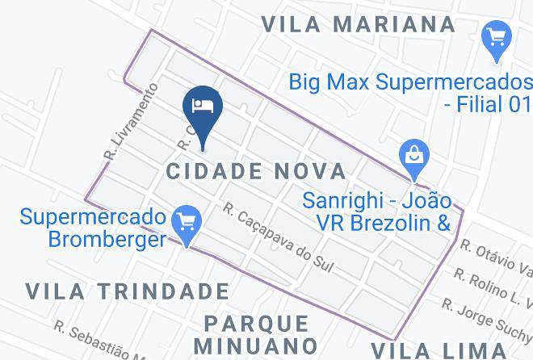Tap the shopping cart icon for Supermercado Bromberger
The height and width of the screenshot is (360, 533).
(187, 220)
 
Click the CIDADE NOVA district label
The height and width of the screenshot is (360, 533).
(256, 171)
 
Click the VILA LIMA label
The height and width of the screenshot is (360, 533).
(455, 350)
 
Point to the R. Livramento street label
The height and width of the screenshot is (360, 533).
(117, 128)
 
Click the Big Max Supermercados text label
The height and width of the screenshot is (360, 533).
(410, 82)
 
